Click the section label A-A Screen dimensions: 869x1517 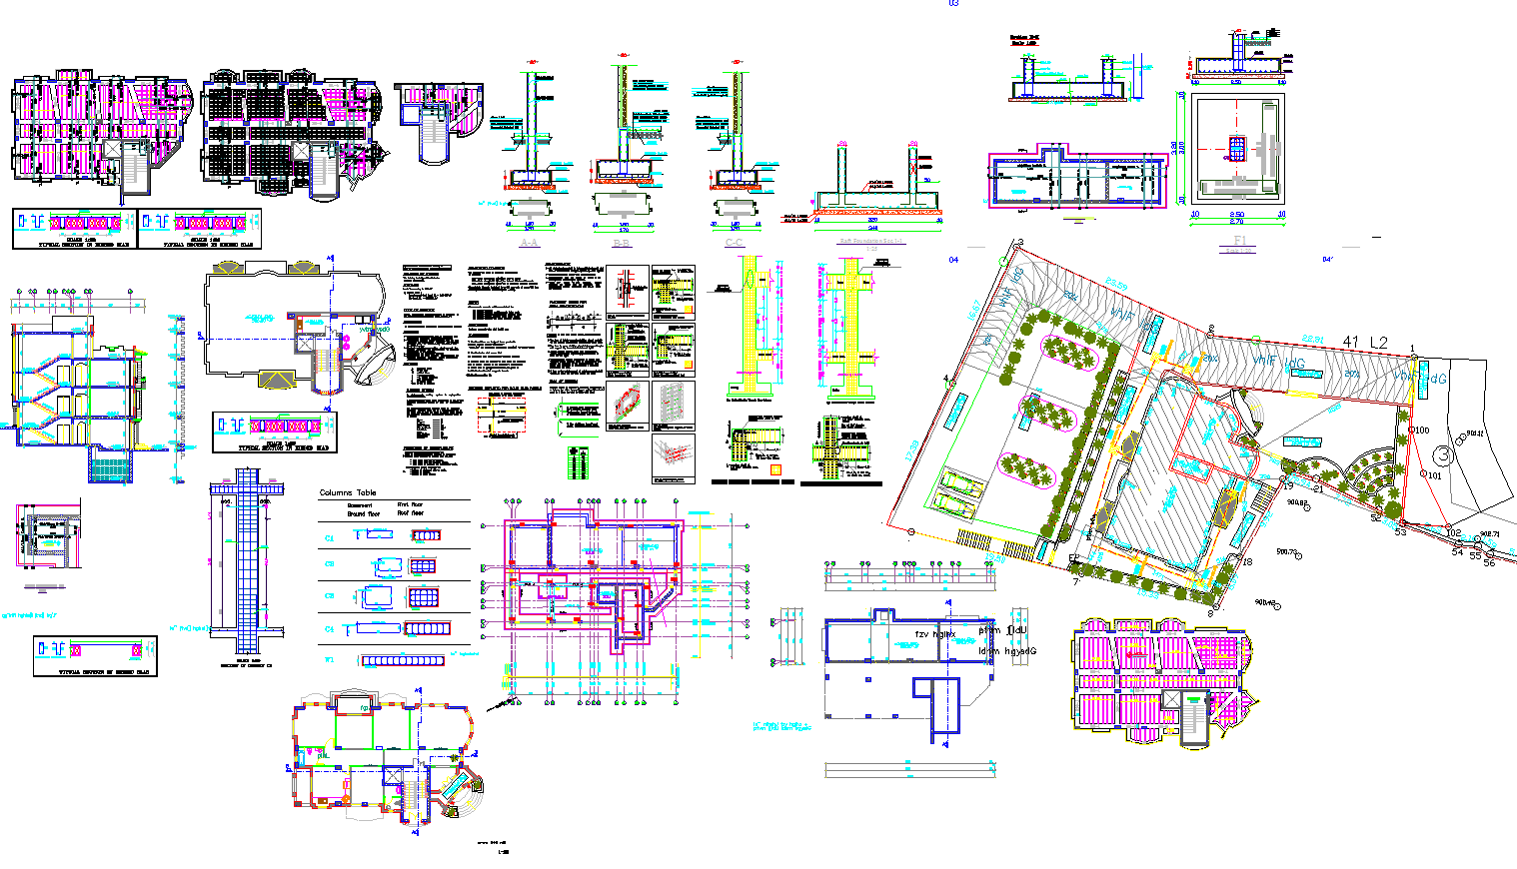[x=530, y=243]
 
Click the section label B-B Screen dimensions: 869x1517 [x=622, y=243]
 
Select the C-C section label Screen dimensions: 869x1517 [x=735, y=243]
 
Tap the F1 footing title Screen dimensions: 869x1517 [x=1239, y=241]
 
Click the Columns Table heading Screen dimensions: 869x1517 [x=348, y=493]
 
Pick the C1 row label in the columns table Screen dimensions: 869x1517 [x=329, y=537]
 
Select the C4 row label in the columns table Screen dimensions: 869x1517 [x=329, y=629]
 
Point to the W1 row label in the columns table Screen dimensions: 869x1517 [x=329, y=660]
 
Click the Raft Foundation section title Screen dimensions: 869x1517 [x=871, y=241]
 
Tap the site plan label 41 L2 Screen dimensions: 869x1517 [x=1365, y=343]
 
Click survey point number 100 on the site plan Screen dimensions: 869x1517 [x=1421, y=431]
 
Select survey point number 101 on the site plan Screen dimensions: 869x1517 [x=1435, y=475]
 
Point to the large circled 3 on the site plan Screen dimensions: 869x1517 [x=1444, y=454]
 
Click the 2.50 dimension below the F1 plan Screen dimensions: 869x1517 [x=1236, y=215]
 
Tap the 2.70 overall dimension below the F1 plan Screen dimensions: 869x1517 [x=1236, y=222]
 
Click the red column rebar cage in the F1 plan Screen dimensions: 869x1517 [x=1237, y=150]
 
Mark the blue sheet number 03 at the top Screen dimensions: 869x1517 [x=953, y=4]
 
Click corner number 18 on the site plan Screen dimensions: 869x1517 [x=1247, y=562]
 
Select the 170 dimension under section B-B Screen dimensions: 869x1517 [x=622, y=227]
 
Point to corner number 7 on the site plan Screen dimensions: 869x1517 [x=1076, y=580]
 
